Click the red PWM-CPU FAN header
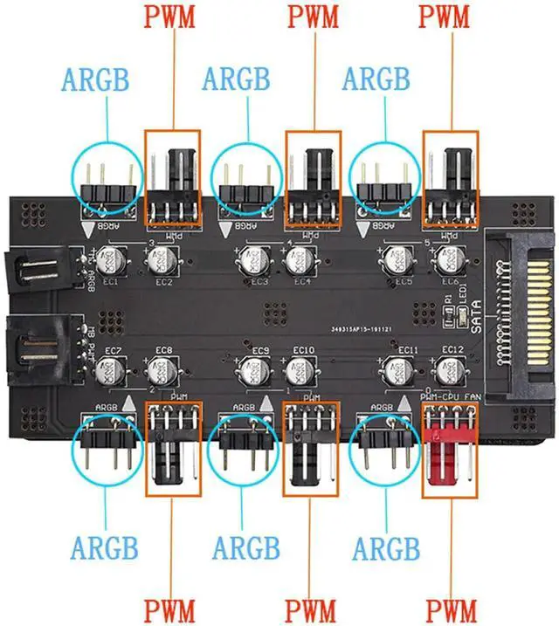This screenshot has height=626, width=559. [x=449, y=450]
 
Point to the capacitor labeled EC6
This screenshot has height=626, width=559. [x=452, y=259]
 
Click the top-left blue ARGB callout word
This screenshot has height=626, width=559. [x=95, y=79]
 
